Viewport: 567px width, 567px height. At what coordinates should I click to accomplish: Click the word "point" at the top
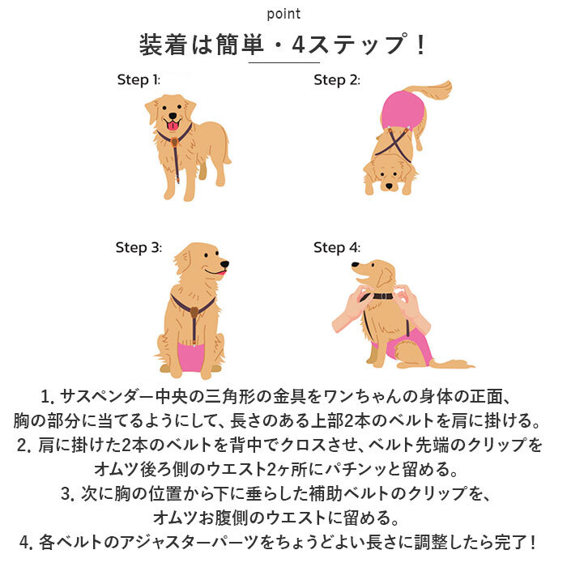[x=283, y=14]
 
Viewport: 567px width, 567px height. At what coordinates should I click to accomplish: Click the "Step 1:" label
[x=139, y=79]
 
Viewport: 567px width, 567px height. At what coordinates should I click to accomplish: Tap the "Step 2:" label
[x=336, y=79]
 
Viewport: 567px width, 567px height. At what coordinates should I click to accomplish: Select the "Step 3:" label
[x=139, y=247]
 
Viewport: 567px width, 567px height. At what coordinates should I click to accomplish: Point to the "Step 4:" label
[x=337, y=247]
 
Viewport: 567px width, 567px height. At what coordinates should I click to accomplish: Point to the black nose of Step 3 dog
[x=225, y=264]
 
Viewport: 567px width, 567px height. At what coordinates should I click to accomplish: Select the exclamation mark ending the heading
[x=419, y=45]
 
